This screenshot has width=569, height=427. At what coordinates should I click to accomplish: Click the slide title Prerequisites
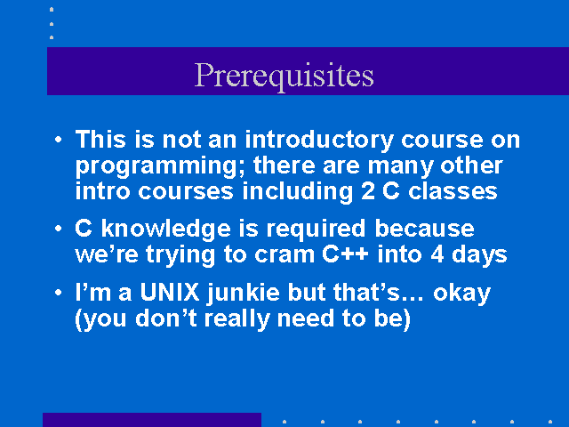[x=284, y=76]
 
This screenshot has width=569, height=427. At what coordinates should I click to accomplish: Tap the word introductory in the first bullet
[x=319, y=141]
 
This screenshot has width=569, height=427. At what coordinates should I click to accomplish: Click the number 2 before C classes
[x=367, y=191]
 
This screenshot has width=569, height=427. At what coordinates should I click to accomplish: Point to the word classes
[x=453, y=191]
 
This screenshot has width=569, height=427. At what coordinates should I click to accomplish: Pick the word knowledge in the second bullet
[x=165, y=230]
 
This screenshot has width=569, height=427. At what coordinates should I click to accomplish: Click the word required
[x=316, y=230]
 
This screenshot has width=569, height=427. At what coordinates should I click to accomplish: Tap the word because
[x=424, y=229]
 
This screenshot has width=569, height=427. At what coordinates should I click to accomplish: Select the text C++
[x=345, y=254]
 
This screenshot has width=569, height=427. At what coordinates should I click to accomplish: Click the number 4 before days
[x=437, y=254]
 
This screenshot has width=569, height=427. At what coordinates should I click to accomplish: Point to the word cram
[x=284, y=255]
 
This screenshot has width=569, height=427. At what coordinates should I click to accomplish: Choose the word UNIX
[x=170, y=292]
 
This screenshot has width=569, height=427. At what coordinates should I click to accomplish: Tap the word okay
[x=461, y=294]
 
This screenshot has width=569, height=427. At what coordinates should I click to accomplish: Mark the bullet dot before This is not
[x=59, y=140]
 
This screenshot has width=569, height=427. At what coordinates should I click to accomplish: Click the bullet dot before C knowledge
[x=59, y=229]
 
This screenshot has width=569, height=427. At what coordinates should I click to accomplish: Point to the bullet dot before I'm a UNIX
[x=59, y=293]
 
